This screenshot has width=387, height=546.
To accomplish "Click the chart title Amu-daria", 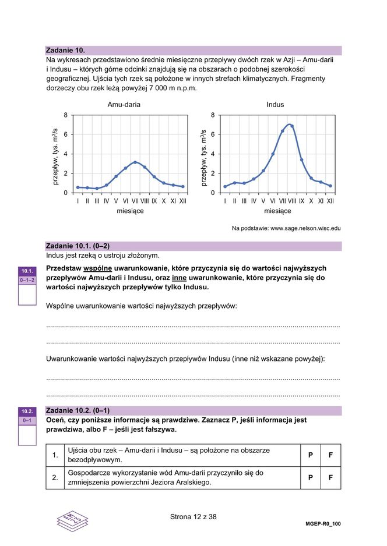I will click(x=124, y=105).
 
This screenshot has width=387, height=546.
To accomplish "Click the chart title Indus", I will click(x=275, y=105).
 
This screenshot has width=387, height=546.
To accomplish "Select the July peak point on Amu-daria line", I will click(x=135, y=162).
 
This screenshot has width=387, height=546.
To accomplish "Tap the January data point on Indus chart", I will click(x=225, y=187).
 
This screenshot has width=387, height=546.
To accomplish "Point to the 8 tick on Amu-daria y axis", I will click(x=66, y=115).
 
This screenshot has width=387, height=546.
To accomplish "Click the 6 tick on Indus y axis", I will click(x=213, y=134).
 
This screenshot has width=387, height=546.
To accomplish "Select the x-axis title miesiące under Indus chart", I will click(x=277, y=211).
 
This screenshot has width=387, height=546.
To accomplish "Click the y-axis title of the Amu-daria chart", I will click(x=56, y=157).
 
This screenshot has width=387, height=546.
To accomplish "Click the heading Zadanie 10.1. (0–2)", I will click(x=78, y=246).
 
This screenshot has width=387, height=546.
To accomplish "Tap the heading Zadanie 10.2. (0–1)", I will click(x=78, y=410).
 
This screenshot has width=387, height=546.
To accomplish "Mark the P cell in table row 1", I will click(x=311, y=455).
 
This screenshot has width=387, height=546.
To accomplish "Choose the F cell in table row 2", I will click(x=330, y=477).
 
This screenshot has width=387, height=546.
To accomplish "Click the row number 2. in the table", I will click(x=55, y=477).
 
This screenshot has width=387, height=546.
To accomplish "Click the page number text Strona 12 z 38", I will click(x=193, y=516).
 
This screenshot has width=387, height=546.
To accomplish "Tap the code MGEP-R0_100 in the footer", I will click(x=323, y=523).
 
